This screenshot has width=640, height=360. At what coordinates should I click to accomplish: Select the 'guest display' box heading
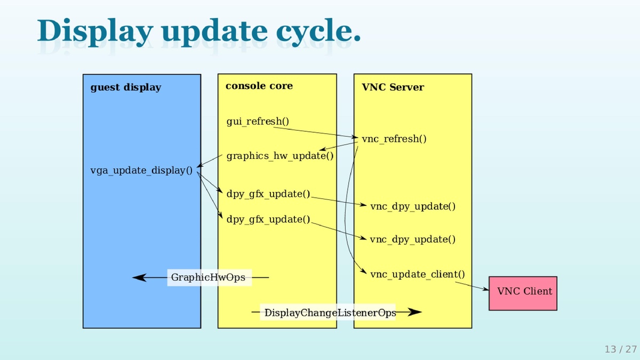pyautogui.click(x=126, y=87)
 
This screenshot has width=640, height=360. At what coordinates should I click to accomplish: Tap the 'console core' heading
pyautogui.click(x=259, y=86)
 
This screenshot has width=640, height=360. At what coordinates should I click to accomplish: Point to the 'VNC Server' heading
pyautogui.click(x=393, y=87)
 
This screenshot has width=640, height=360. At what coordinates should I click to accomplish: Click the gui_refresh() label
pyautogui.click(x=258, y=122)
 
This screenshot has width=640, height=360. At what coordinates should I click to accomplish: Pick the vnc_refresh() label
pyautogui.click(x=394, y=139)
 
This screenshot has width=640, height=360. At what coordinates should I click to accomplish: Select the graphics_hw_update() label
pyautogui.click(x=280, y=156)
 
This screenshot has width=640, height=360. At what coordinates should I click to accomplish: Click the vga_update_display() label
pyautogui.click(x=142, y=171)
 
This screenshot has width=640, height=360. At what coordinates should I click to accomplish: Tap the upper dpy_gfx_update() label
pyautogui.click(x=268, y=194)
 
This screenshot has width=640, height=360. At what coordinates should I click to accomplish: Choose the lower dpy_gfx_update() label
pyautogui.click(x=268, y=219)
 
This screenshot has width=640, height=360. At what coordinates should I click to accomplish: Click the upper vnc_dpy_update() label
pyautogui.click(x=413, y=206)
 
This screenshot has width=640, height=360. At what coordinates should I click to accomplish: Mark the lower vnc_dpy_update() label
pyautogui.click(x=413, y=239)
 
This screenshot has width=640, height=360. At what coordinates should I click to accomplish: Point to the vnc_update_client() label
pyautogui.click(x=418, y=275)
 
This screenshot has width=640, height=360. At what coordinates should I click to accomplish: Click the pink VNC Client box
pyautogui.click(x=523, y=293)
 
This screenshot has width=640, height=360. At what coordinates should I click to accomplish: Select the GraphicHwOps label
pyautogui.click(x=209, y=277)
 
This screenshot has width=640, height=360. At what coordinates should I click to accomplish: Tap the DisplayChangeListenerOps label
pyautogui.click(x=330, y=313)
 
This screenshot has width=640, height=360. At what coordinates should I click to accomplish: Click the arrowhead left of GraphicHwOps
pyautogui.click(x=139, y=277)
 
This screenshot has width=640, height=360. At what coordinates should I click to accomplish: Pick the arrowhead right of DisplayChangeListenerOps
pyautogui.click(x=414, y=313)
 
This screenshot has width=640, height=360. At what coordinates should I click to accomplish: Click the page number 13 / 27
pyautogui.click(x=620, y=349)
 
